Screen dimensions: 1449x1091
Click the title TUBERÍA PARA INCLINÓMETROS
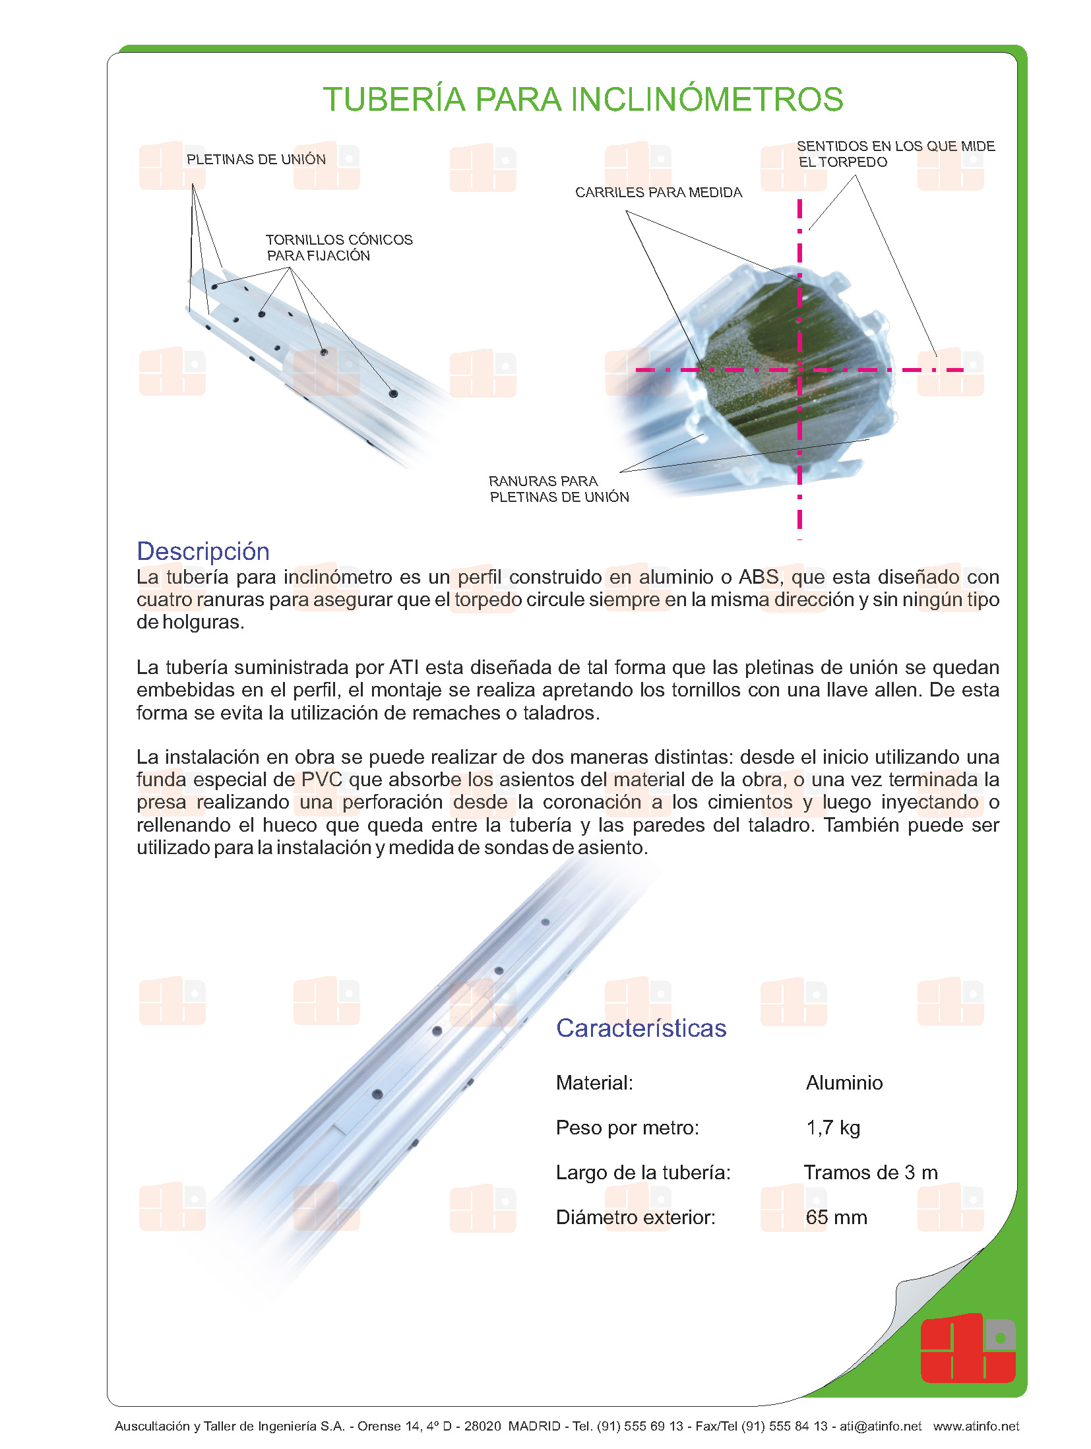pos(582,100)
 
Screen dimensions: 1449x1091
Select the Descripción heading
pos(203,551)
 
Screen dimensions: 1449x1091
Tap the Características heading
pos(640,1028)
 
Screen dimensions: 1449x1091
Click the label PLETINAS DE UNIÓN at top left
pos(256,160)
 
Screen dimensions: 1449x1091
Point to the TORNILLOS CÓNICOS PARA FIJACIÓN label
pos(338,247)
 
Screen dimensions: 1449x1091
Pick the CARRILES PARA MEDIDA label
pos(658,193)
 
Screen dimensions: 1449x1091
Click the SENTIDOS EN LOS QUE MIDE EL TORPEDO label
pos(895,154)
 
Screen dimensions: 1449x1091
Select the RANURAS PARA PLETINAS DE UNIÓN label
pos(558,489)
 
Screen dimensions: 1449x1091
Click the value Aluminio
pos(844,1083)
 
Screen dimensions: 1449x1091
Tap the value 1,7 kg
pos(832,1128)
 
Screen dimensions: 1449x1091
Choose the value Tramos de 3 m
pos(870,1173)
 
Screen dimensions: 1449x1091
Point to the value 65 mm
pos(836,1218)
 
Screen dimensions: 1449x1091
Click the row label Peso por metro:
pos(627,1128)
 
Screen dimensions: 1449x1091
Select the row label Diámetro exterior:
pos(635,1218)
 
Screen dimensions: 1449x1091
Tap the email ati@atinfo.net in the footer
pos(880,1426)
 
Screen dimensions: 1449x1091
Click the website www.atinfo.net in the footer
pos(976,1426)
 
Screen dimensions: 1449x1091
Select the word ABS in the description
pos(759,577)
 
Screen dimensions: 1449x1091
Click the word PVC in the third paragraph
pos(321,780)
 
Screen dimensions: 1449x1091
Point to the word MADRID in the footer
pos(534,1426)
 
